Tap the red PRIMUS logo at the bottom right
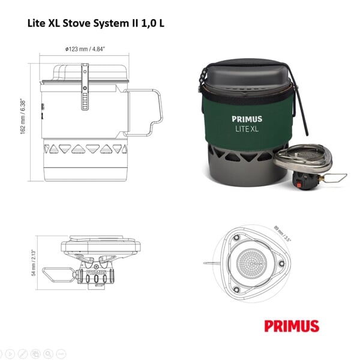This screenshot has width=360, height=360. click(x=292, y=326)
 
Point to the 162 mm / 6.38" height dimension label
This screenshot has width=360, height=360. click(x=22, y=115)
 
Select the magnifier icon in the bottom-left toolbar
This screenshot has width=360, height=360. click(x=48, y=354)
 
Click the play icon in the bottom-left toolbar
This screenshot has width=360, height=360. click(x=7, y=354)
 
